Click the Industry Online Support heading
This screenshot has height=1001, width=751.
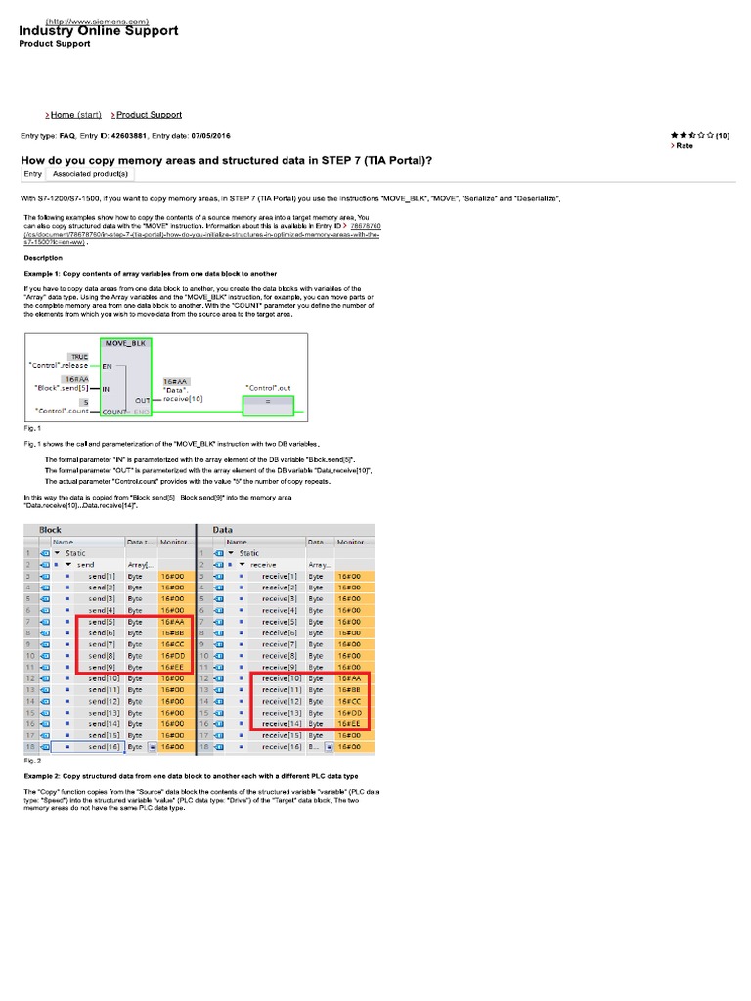pos(99,31)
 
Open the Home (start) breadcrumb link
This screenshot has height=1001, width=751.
pos(75,115)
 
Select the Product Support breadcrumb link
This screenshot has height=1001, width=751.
pos(149,115)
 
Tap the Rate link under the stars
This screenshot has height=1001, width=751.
pos(684,145)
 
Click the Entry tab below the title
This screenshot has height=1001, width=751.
pos(33,173)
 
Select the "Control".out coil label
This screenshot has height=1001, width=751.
pos(268,388)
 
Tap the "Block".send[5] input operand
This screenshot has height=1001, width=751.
pos(63,389)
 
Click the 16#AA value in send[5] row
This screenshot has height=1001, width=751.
pos(173,621)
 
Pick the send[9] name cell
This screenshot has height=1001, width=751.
pos(103,667)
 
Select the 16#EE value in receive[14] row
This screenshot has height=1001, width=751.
pos(350,723)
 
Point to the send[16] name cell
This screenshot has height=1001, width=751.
pos(103,746)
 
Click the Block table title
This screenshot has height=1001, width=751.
pos(50,529)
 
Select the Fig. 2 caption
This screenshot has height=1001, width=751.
pos(31,759)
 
